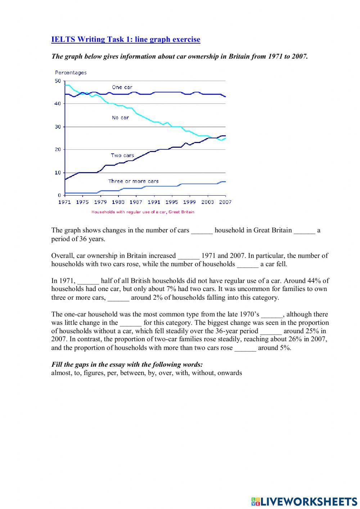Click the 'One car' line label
click(x=122, y=87)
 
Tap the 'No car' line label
click(x=120, y=117)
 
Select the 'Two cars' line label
click(x=122, y=155)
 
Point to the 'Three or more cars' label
click(x=133, y=181)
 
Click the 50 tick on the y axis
click(x=58, y=81)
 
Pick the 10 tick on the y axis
click(x=58, y=173)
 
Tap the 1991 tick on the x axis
click(x=154, y=202)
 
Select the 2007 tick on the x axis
click(x=225, y=202)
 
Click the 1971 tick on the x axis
click(x=65, y=202)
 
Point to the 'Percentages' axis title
click(x=71, y=73)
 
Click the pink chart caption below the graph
click(x=143, y=212)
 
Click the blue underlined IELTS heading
click(x=126, y=39)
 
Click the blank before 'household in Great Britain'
click(x=202, y=231)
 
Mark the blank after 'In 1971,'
click(x=88, y=281)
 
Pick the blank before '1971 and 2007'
click(x=188, y=256)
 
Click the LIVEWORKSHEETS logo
click(x=304, y=501)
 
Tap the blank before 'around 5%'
click(x=245, y=348)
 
